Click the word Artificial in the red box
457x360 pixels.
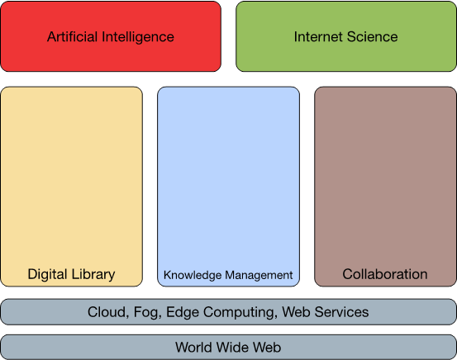click(72, 36)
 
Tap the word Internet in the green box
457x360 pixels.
click(318, 36)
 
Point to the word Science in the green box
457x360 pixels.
click(372, 36)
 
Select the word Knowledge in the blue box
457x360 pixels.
click(193, 276)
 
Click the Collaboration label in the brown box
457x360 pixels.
click(385, 274)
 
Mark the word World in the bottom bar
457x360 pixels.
click(193, 347)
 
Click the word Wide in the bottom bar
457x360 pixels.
click(232, 347)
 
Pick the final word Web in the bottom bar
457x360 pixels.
click(267, 347)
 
